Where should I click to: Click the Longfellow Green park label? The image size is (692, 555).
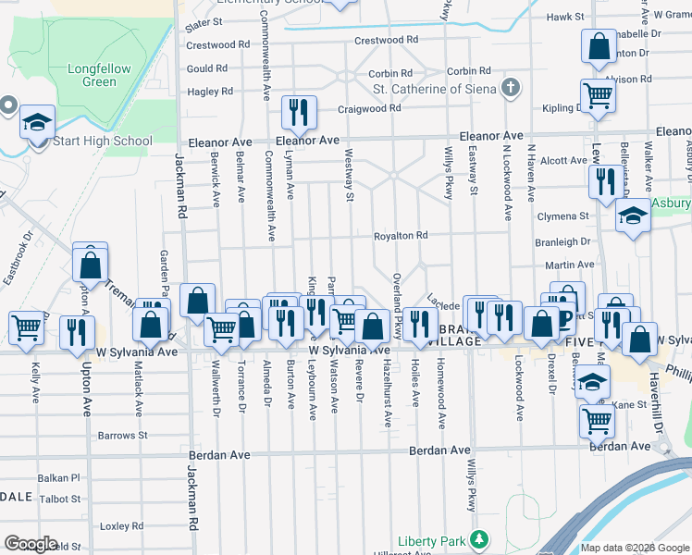(93, 75)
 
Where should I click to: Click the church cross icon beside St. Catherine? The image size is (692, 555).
(509, 89)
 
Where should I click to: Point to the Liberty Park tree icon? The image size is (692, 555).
(479, 538)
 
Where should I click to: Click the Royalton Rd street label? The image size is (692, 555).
(400, 236)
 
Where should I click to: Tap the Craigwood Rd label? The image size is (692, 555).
(368, 108)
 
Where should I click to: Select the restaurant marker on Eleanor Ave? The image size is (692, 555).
(299, 113)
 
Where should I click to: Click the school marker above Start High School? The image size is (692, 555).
(38, 122)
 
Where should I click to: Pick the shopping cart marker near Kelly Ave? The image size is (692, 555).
(27, 327)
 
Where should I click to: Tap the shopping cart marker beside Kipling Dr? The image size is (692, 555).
(599, 94)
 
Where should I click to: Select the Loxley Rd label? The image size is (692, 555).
(117, 525)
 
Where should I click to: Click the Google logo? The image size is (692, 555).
(30, 544)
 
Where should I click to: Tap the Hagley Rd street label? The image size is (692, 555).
(210, 92)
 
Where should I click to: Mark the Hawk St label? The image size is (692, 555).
(565, 17)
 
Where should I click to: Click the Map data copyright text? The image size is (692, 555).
(633, 548)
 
